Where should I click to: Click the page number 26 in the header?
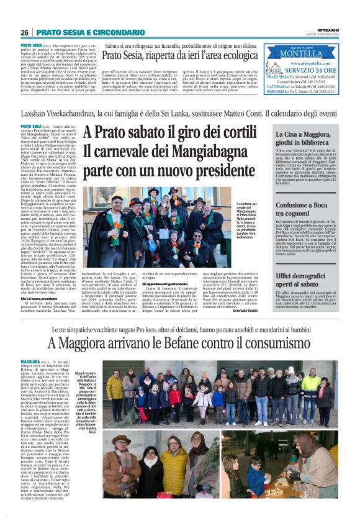point(25,32)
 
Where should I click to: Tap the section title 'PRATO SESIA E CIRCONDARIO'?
point(86,32)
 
